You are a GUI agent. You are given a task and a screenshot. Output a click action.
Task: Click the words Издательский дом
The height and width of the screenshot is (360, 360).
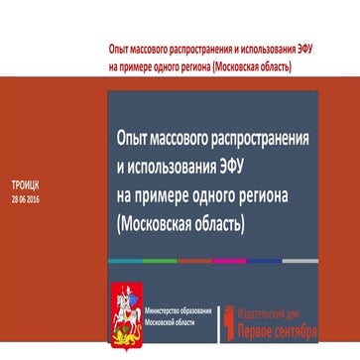click(280, 305)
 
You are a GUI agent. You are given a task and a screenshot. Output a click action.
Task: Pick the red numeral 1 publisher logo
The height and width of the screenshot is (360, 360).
click(233, 315)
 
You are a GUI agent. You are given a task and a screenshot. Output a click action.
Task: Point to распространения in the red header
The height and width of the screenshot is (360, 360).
click(196, 49)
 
